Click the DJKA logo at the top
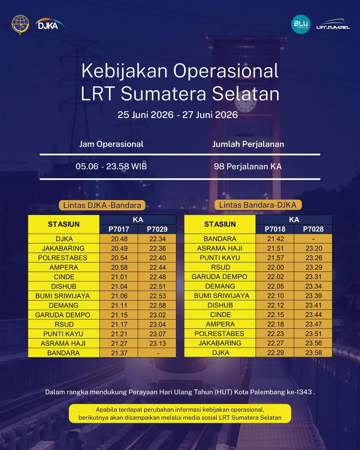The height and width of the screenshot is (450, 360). [x=50, y=24]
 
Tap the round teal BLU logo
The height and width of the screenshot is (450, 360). [x=301, y=24]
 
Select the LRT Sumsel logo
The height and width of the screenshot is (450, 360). [x=333, y=24]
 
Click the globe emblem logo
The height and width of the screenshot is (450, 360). [x=20, y=25]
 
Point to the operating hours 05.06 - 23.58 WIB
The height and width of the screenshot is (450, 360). [x=111, y=166]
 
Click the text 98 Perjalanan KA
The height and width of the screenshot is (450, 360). [x=248, y=166]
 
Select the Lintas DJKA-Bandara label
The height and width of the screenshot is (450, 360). [x=102, y=205]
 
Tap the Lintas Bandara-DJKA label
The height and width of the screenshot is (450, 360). [x=258, y=205]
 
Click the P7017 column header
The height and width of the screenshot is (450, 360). [x=119, y=229]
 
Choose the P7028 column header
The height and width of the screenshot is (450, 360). [x=313, y=229]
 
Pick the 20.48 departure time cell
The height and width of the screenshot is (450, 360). [x=119, y=239]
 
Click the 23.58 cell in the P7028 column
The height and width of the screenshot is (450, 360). [x=313, y=353]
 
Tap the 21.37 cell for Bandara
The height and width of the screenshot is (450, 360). [x=119, y=353]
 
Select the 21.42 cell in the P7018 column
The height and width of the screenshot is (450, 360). [x=275, y=239]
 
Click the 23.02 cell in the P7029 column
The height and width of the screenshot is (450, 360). [x=157, y=315]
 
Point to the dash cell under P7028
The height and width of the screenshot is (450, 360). [x=313, y=239]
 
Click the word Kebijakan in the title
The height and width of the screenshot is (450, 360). [x=124, y=71]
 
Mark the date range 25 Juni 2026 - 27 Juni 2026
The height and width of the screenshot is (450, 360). [x=178, y=115]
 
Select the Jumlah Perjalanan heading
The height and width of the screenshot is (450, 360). [x=248, y=144]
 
